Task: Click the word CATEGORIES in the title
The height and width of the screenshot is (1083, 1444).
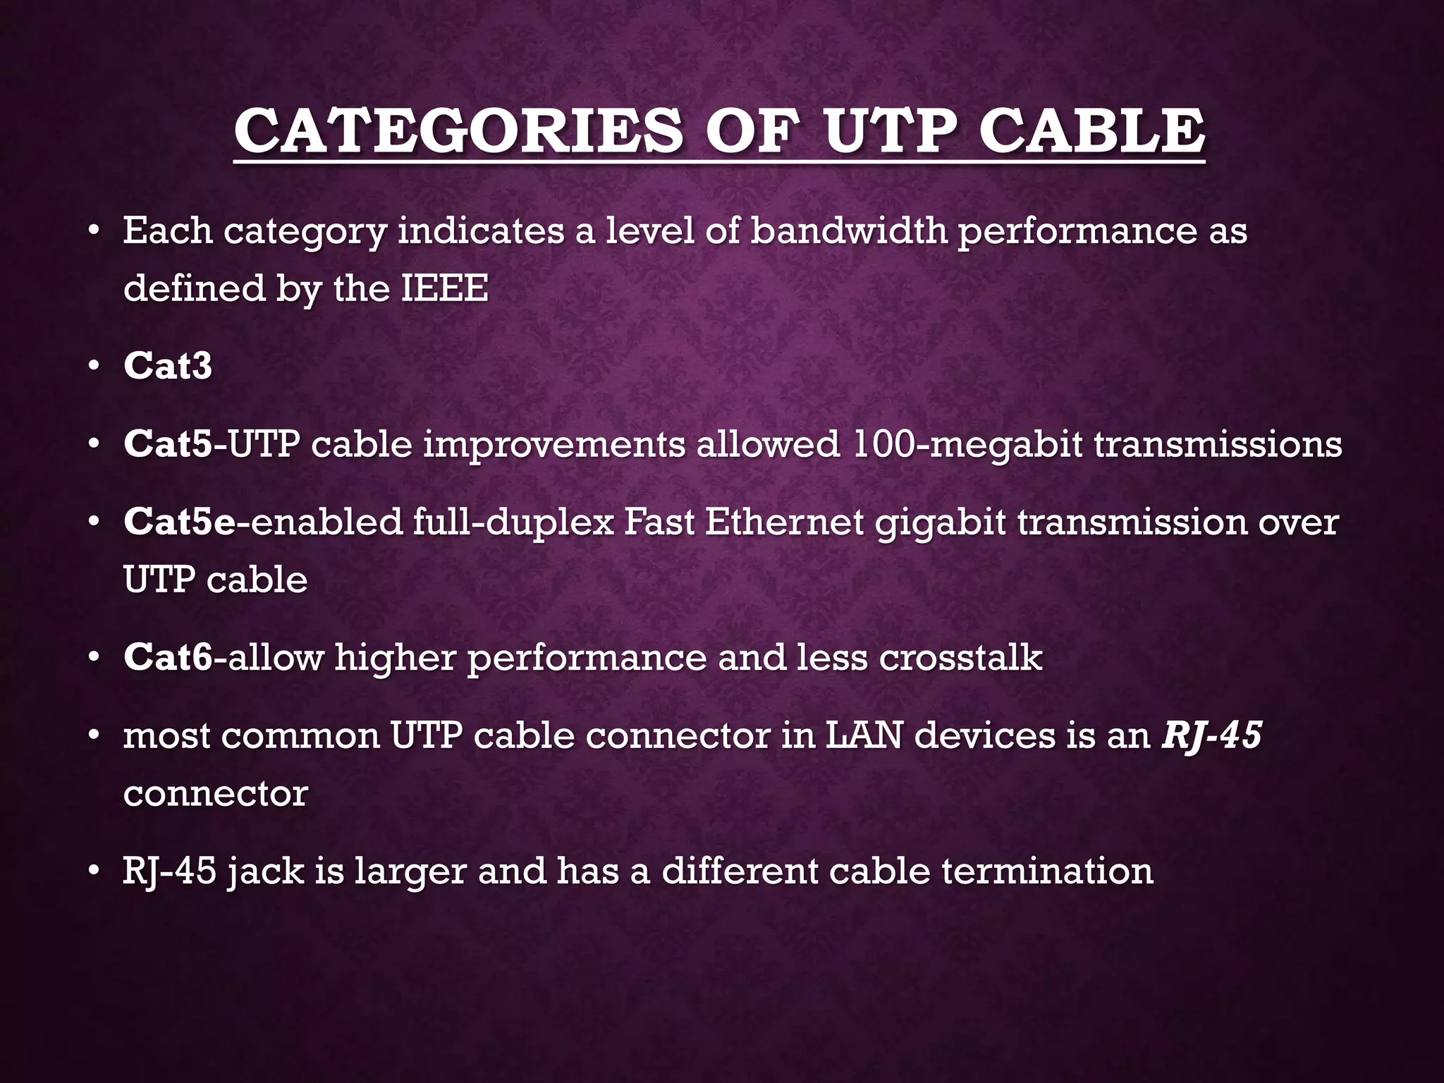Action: (x=458, y=131)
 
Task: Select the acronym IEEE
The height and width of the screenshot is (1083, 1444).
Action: (x=444, y=288)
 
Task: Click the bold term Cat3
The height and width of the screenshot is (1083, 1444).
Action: (x=168, y=366)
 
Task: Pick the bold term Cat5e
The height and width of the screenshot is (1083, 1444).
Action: (x=179, y=522)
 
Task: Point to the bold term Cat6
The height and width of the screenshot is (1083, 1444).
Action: (x=168, y=657)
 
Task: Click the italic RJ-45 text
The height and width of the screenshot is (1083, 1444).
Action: (x=1211, y=735)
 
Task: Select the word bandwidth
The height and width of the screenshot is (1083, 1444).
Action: (x=848, y=231)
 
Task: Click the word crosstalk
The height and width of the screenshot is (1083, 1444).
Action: (x=960, y=657)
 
